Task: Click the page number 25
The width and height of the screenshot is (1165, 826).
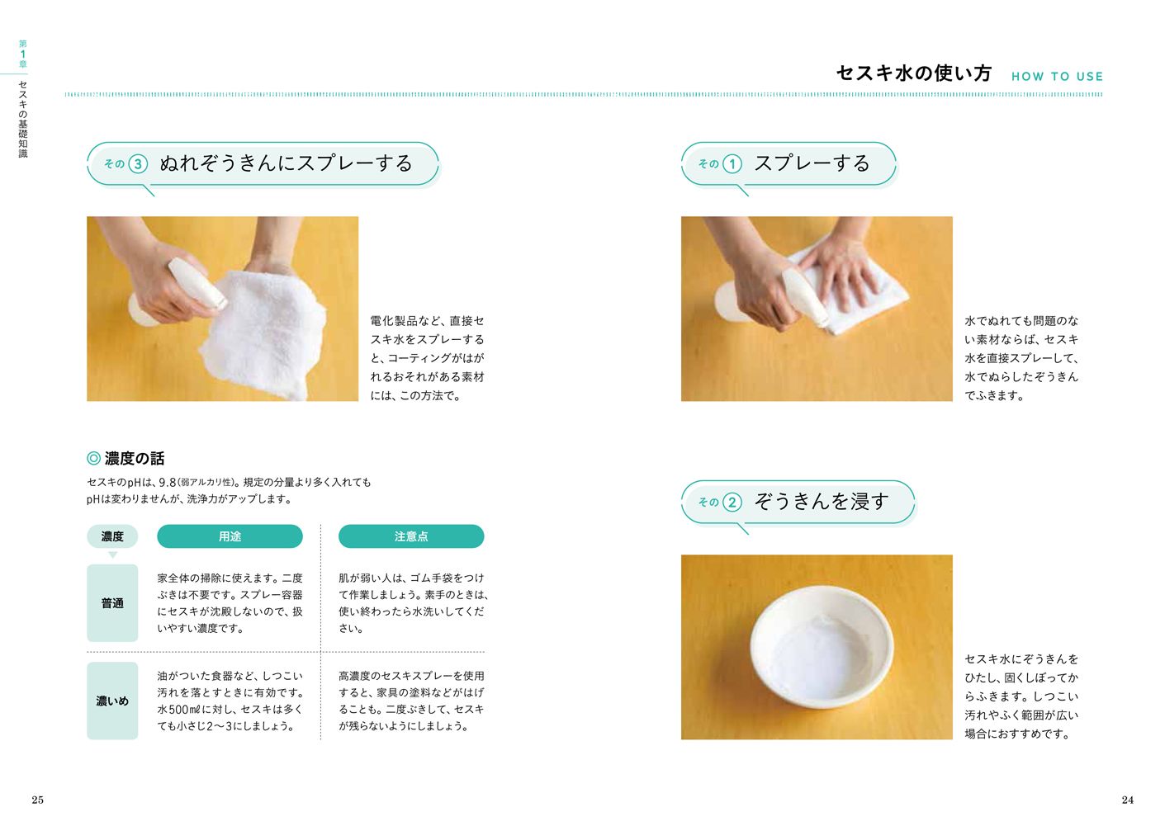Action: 37,800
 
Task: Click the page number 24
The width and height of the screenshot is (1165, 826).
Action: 1127,800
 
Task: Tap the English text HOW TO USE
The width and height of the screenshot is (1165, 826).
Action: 1057,77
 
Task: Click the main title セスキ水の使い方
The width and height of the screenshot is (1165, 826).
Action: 914,73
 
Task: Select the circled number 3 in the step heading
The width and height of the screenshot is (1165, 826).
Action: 138,164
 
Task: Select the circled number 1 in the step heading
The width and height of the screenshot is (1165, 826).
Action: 732,164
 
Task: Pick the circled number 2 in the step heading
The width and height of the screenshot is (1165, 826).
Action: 732,503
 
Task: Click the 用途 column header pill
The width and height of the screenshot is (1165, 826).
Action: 230,536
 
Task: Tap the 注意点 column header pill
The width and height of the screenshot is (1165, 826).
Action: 411,536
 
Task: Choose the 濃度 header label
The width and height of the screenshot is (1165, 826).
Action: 112,536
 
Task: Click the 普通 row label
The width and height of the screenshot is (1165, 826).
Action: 112,603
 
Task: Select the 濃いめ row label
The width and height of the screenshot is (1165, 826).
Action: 112,701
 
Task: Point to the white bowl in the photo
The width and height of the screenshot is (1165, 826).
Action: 822,647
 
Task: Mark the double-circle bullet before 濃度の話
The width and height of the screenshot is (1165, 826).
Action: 93,458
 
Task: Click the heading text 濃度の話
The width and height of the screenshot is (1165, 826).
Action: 135,458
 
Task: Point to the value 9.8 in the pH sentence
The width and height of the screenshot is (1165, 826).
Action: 168,483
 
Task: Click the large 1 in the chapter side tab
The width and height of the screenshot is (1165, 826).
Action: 23,54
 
